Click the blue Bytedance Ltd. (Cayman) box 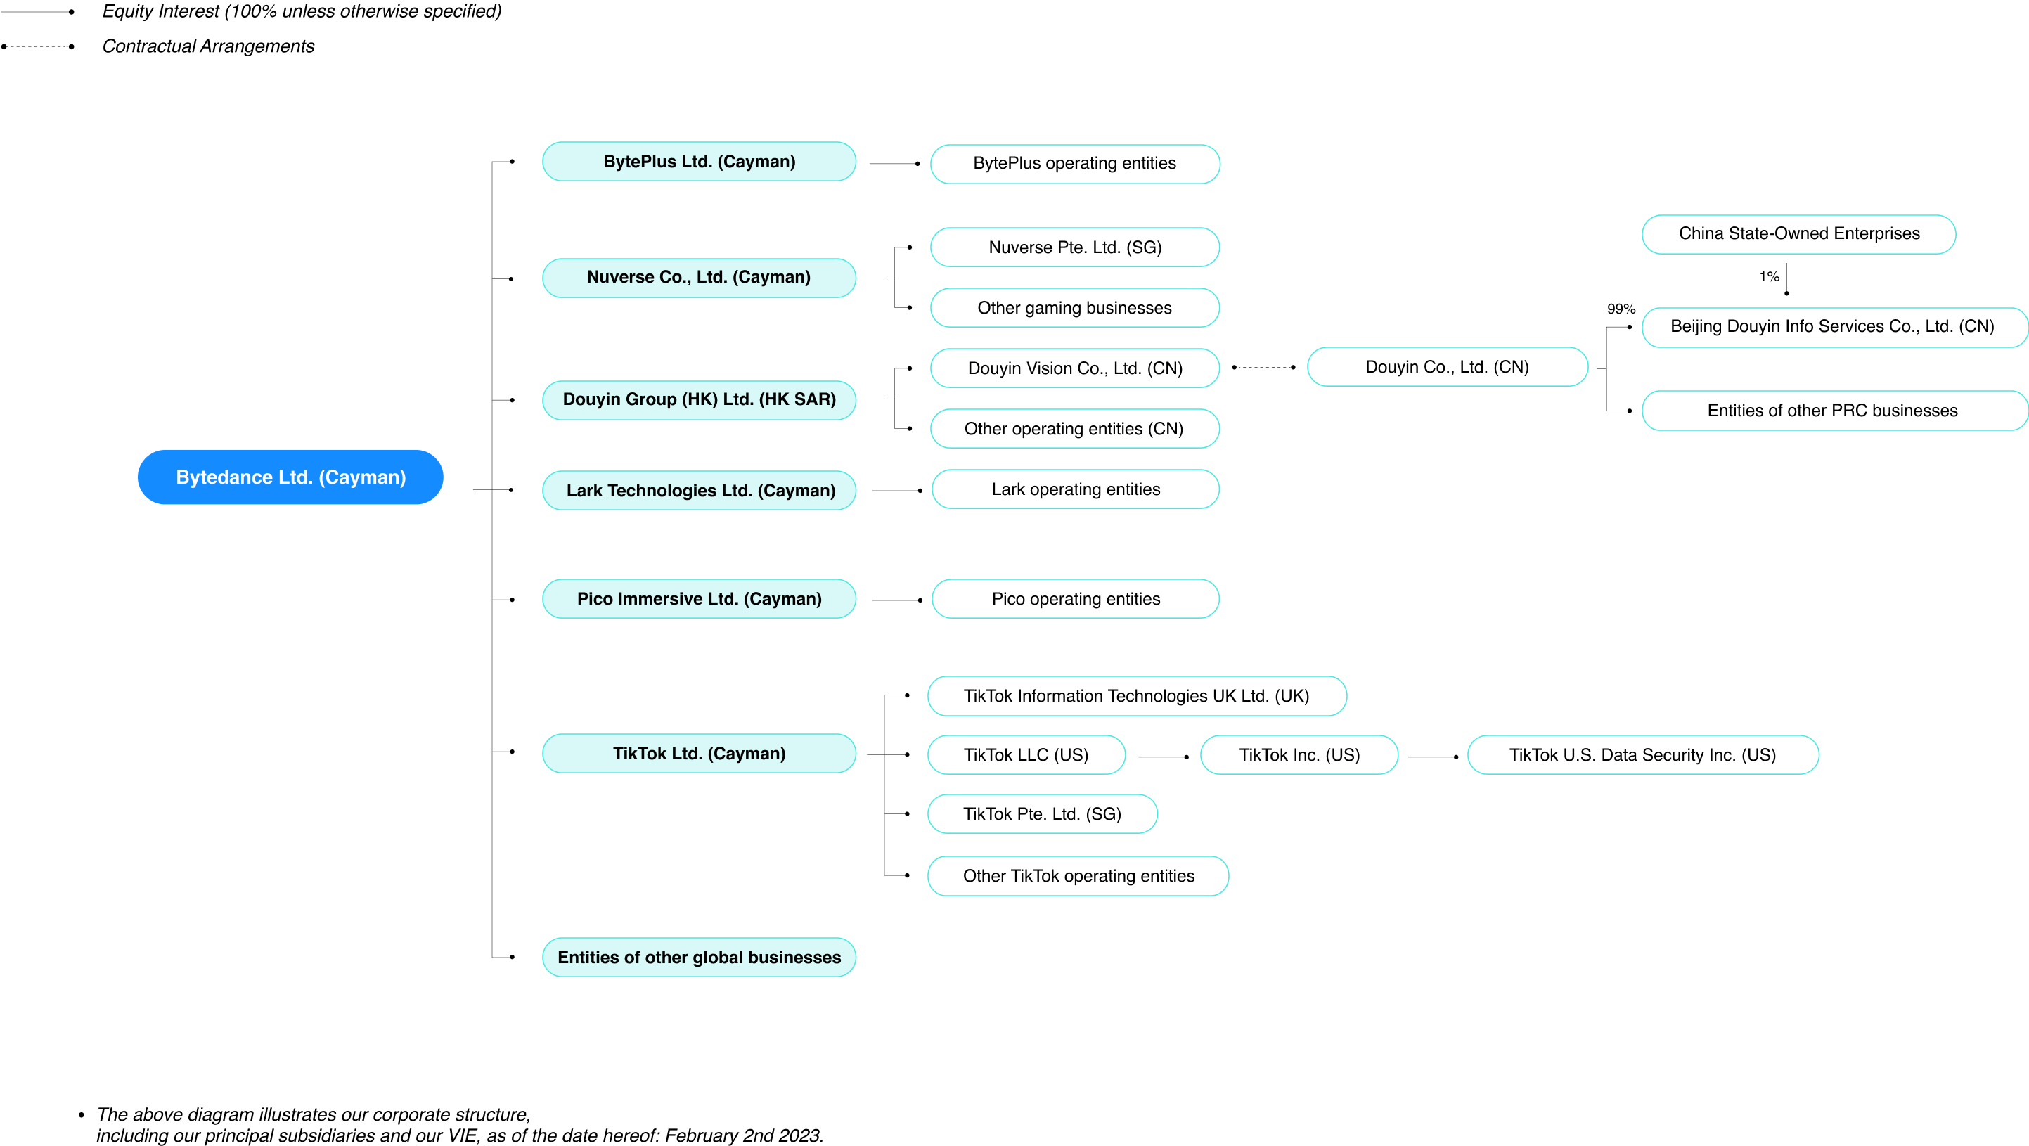[x=290, y=477]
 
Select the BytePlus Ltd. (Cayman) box [x=699, y=162]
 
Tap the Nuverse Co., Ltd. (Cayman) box [x=699, y=277]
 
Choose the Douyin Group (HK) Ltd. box [x=699, y=400]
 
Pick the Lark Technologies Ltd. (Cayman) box [x=699, y=491]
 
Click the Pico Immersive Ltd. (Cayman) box [x=699, y=598]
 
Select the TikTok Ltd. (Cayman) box [x=699, y=753]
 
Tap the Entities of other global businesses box [x=699, y=957]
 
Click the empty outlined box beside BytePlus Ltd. [x=1074, y=164]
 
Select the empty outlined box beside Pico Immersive [x=1074, y=598]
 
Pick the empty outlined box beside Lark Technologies [x=1074, y=489]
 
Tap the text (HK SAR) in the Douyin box [x=797, y=399]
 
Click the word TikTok [x=640, y=754]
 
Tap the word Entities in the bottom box [x=588, y=958]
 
